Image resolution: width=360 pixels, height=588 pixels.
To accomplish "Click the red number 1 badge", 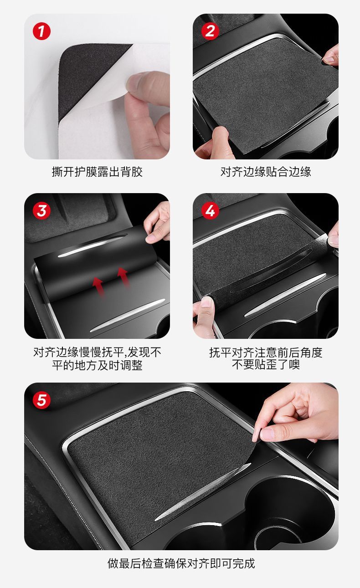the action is point(41,31).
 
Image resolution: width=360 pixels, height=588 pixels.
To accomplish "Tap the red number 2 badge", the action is point(210,31).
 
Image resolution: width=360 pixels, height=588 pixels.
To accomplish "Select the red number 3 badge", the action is point(41,210).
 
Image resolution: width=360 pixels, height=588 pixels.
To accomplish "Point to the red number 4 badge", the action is point(210,210).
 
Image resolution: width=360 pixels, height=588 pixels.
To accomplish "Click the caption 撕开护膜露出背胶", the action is point(97,172).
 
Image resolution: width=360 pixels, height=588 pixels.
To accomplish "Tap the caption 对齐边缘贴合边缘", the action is point(266,172).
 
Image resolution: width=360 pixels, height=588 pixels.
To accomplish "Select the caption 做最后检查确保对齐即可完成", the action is point(181,563).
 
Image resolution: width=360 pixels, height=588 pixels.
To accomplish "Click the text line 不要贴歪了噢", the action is point(266,365).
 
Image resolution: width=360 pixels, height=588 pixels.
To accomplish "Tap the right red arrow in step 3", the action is point(123,277).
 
